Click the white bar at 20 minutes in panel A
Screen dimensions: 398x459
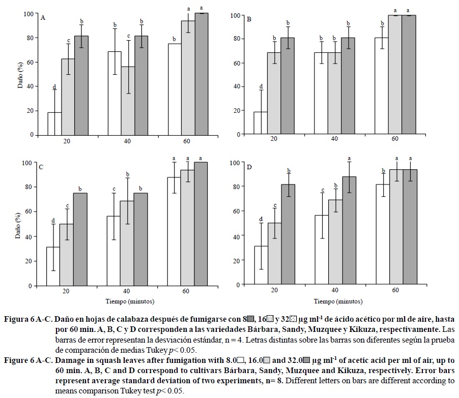pyautogui.click(x=54, y=124)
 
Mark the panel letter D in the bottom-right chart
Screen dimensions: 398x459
pyautogui.click(x=249, y=166)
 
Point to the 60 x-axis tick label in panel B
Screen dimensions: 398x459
pyautogui.click(x=394, y=139)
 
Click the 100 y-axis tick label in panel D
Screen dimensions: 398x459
pyautogui.click(x=234, y=163)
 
